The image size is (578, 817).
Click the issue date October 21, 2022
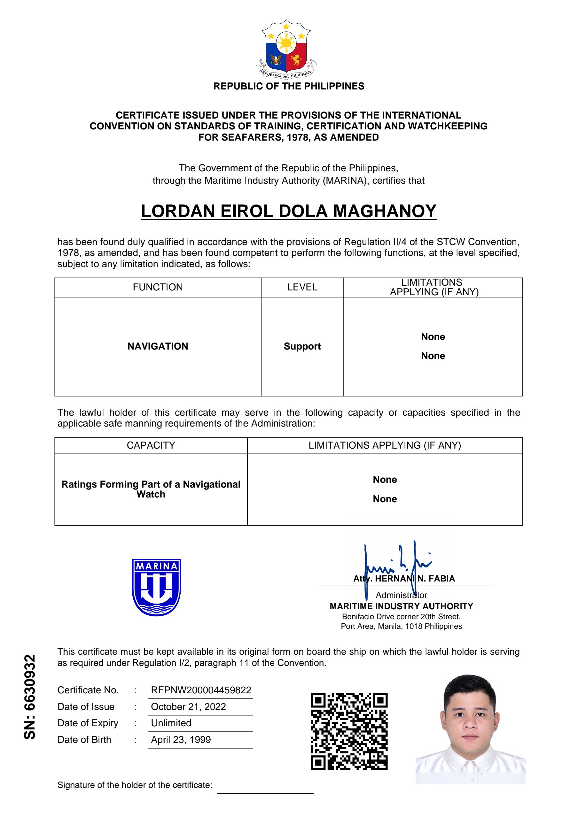pos(188,707)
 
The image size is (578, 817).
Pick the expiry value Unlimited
pos(171,723)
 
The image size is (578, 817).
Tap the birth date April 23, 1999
pos(181,740)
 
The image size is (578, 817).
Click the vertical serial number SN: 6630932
pos(30,696)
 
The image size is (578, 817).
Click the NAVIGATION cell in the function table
pos(158,346)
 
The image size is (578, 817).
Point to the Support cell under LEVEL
pos(302,346)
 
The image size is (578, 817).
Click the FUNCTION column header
pos(158,287)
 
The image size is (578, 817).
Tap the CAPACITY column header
pos(151,445)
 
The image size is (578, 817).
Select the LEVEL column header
pos(302,287)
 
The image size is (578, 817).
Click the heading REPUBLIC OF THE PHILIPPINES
pos(288,86)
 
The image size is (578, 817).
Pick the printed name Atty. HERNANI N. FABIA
pos(404,579)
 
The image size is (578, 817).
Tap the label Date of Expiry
pos(88,723)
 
